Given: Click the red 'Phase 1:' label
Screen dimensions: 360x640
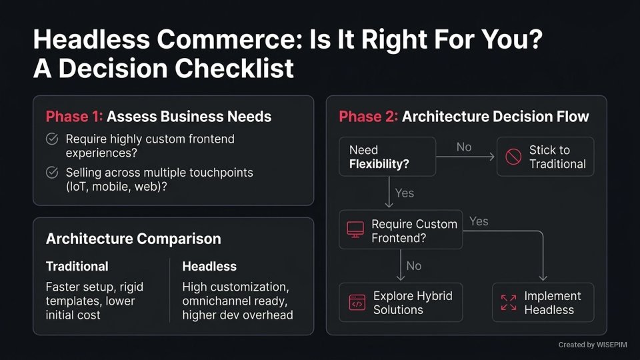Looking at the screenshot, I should [x=74, y=117].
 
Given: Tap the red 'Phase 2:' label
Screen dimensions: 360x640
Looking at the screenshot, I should [x=367, y=117].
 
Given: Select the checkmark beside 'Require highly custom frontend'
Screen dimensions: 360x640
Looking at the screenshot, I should [x=51, y=139].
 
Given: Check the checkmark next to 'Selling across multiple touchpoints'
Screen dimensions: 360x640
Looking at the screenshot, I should [x=51, y=173].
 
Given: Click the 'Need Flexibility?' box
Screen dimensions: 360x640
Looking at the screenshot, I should [x=387, y=157].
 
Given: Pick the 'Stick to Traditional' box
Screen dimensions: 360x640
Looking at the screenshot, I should [x=545, y=157].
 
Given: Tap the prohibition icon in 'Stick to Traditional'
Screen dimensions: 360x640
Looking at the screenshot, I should [x=513, y=157].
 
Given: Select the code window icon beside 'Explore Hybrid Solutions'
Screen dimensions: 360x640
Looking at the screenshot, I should [x=357, y=303].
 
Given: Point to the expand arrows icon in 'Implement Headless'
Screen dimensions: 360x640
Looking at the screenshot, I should [x=508, y=303].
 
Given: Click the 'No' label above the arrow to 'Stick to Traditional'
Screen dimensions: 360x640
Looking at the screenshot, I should [x=464, y=147].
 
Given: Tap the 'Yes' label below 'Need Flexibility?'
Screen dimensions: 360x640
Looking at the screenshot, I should [x=404, y=193].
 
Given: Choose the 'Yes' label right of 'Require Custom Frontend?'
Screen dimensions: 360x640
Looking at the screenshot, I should [x=479, y=221].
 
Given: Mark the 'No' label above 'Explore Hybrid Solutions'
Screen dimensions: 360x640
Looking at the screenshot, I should [x=413, y=266].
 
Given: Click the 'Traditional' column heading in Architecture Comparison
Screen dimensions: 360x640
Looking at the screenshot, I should [x=77, y=266].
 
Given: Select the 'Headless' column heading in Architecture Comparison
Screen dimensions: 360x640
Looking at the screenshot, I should [x=209, y=266].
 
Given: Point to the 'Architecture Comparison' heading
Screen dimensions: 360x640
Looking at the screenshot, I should [x=133, y=239].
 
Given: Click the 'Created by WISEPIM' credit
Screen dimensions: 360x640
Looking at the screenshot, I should [x=592, y=345].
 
